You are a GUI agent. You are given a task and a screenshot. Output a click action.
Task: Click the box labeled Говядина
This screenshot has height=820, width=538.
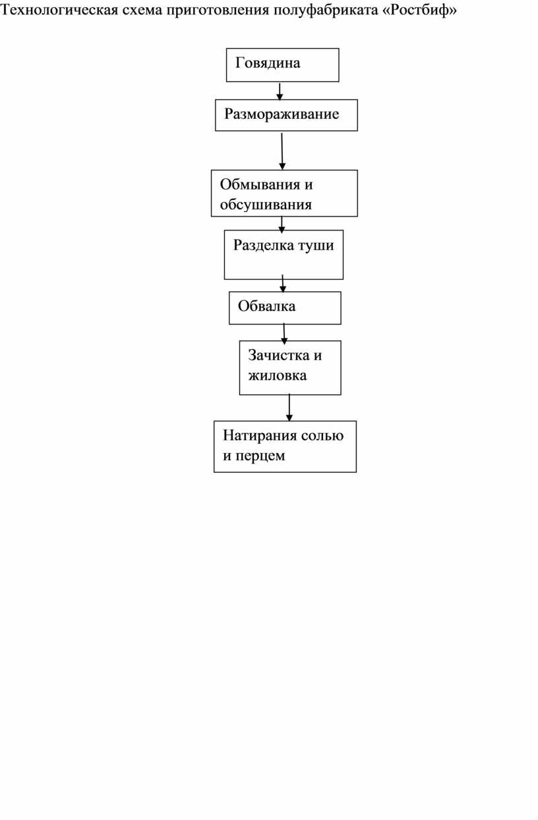tap(282, 65)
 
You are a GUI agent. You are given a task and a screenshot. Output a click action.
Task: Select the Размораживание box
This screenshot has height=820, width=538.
tap(286, 115)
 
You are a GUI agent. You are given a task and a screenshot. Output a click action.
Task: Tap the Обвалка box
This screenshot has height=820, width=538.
tap(285, 308)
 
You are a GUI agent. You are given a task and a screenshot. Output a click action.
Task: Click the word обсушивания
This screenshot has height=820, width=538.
tap(266, 204)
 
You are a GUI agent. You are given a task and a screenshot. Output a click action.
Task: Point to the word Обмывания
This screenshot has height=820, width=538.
tap(260, 184)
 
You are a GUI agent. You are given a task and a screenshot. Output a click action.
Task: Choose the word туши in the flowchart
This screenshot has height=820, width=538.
tap(316, 246)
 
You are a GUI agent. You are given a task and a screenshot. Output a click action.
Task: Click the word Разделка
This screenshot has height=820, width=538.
tap(264, 245)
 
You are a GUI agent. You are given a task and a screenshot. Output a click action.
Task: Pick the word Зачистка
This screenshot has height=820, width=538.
tap(278, 355)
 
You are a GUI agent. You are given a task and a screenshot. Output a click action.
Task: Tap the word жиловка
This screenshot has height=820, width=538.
tap(278, 375)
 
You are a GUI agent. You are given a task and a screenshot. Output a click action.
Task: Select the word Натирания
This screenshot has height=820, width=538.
tap(260, 436)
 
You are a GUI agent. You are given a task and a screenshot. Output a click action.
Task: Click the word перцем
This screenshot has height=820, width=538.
tap(260, 456)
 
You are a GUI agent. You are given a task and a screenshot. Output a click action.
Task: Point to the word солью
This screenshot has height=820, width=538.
tap(322, 436)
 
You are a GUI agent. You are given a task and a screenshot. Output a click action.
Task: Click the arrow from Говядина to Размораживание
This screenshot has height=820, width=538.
tap(280, 91)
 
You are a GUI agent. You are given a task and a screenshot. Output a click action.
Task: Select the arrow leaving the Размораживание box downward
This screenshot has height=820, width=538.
tap(282, 151)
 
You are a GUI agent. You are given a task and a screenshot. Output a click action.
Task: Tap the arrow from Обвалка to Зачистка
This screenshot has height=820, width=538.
tap(284, 333)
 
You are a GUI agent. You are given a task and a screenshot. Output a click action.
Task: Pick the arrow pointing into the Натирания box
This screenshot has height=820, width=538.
tap(289, 407)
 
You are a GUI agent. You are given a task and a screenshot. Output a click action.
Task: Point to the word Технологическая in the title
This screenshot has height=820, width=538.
tap(59, 11)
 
